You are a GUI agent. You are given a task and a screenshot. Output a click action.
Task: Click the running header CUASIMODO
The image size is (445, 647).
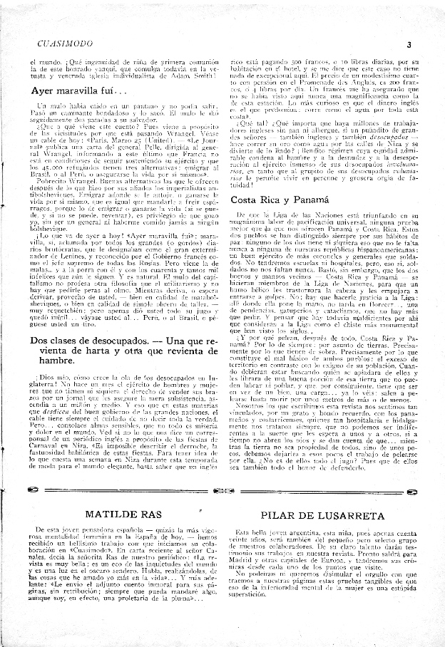(x=64, y=44)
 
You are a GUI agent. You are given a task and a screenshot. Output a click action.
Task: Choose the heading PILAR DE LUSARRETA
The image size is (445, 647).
(x=322, y=514)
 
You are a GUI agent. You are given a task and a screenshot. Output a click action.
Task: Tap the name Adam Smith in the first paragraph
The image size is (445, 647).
(x=189, y=74)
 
